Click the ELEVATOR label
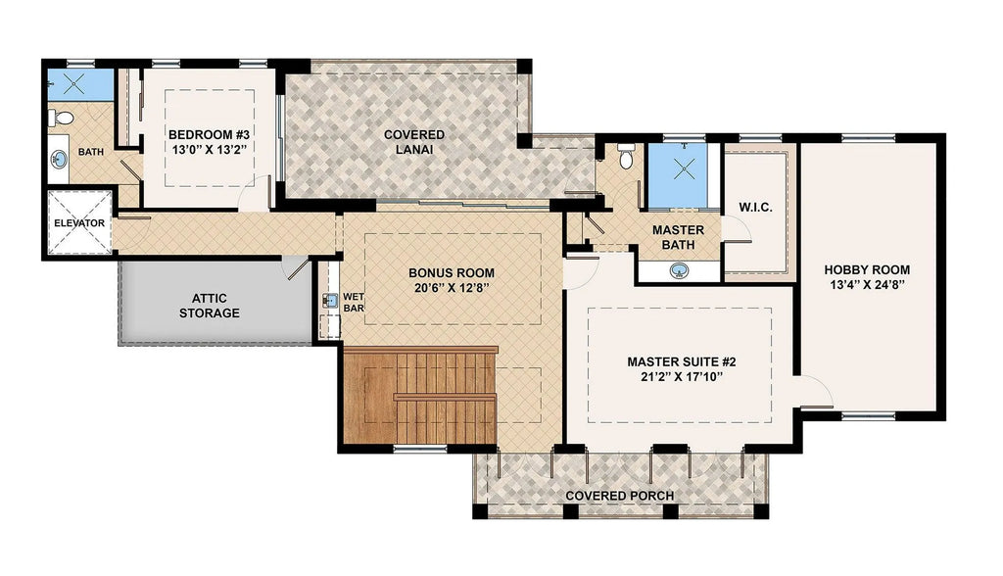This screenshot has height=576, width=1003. [79, 223]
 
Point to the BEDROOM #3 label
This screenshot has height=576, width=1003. [209, 135]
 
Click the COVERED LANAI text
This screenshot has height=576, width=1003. [414, 142]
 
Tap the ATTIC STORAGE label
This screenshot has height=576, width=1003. [210, 306]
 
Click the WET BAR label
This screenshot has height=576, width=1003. [353, 303]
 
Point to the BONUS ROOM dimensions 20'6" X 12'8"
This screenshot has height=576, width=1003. [452, 288]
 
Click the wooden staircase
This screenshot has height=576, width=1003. [420, 396]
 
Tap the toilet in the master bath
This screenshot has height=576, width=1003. [626, 156]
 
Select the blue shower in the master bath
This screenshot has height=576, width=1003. [684, 175]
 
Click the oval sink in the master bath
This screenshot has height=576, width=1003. [680, 270]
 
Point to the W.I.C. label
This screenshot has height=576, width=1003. [755, 208]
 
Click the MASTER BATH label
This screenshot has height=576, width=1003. [678, 237]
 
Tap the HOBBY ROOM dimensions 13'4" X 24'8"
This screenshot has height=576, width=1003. [867, 285]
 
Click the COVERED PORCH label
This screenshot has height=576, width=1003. [620, 496]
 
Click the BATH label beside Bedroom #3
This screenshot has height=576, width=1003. [91, 152]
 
